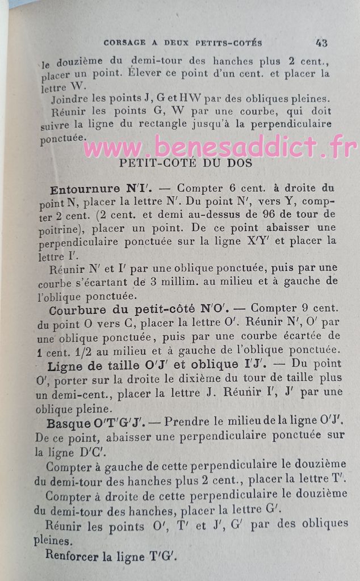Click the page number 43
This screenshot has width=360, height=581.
[x=321, y=42]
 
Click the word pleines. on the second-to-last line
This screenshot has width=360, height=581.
[x=53, y=541]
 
